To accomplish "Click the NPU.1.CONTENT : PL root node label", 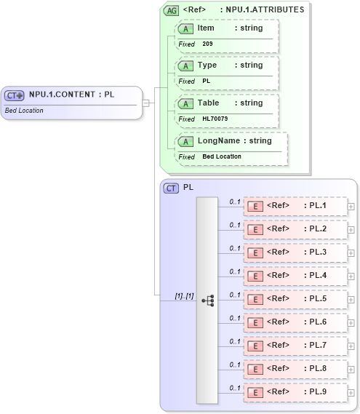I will pyautogui.click(x=71, y=95).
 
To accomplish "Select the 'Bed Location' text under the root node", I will pyautogui.click(x=24, y=111).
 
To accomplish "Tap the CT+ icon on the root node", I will pyautogui.click(x=15, y=95).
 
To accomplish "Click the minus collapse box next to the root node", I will pyautogui.click(x=146, y=103).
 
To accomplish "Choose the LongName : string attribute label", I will pyautogui.click(x=234, y=140).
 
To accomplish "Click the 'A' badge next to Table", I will pyautogui.click(x=185, y=103).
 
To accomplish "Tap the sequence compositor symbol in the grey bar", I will pyautogui.click(x=207, y=300).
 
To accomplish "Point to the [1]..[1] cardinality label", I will pyautogui.click(x=184, y=295).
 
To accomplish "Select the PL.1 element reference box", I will pyautogui.click(x=295, y=206).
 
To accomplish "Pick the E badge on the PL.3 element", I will pyautogui.click(x=255, y=252).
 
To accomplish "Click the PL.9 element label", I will pyautogui.click(x=317, y=391).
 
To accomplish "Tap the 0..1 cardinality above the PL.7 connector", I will pyautogui.click(x=235, y=341).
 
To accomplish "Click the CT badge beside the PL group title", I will pyautogui.click(x=172, y=188).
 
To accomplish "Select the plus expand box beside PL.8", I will pyautogui.click(x=351, y=370).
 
